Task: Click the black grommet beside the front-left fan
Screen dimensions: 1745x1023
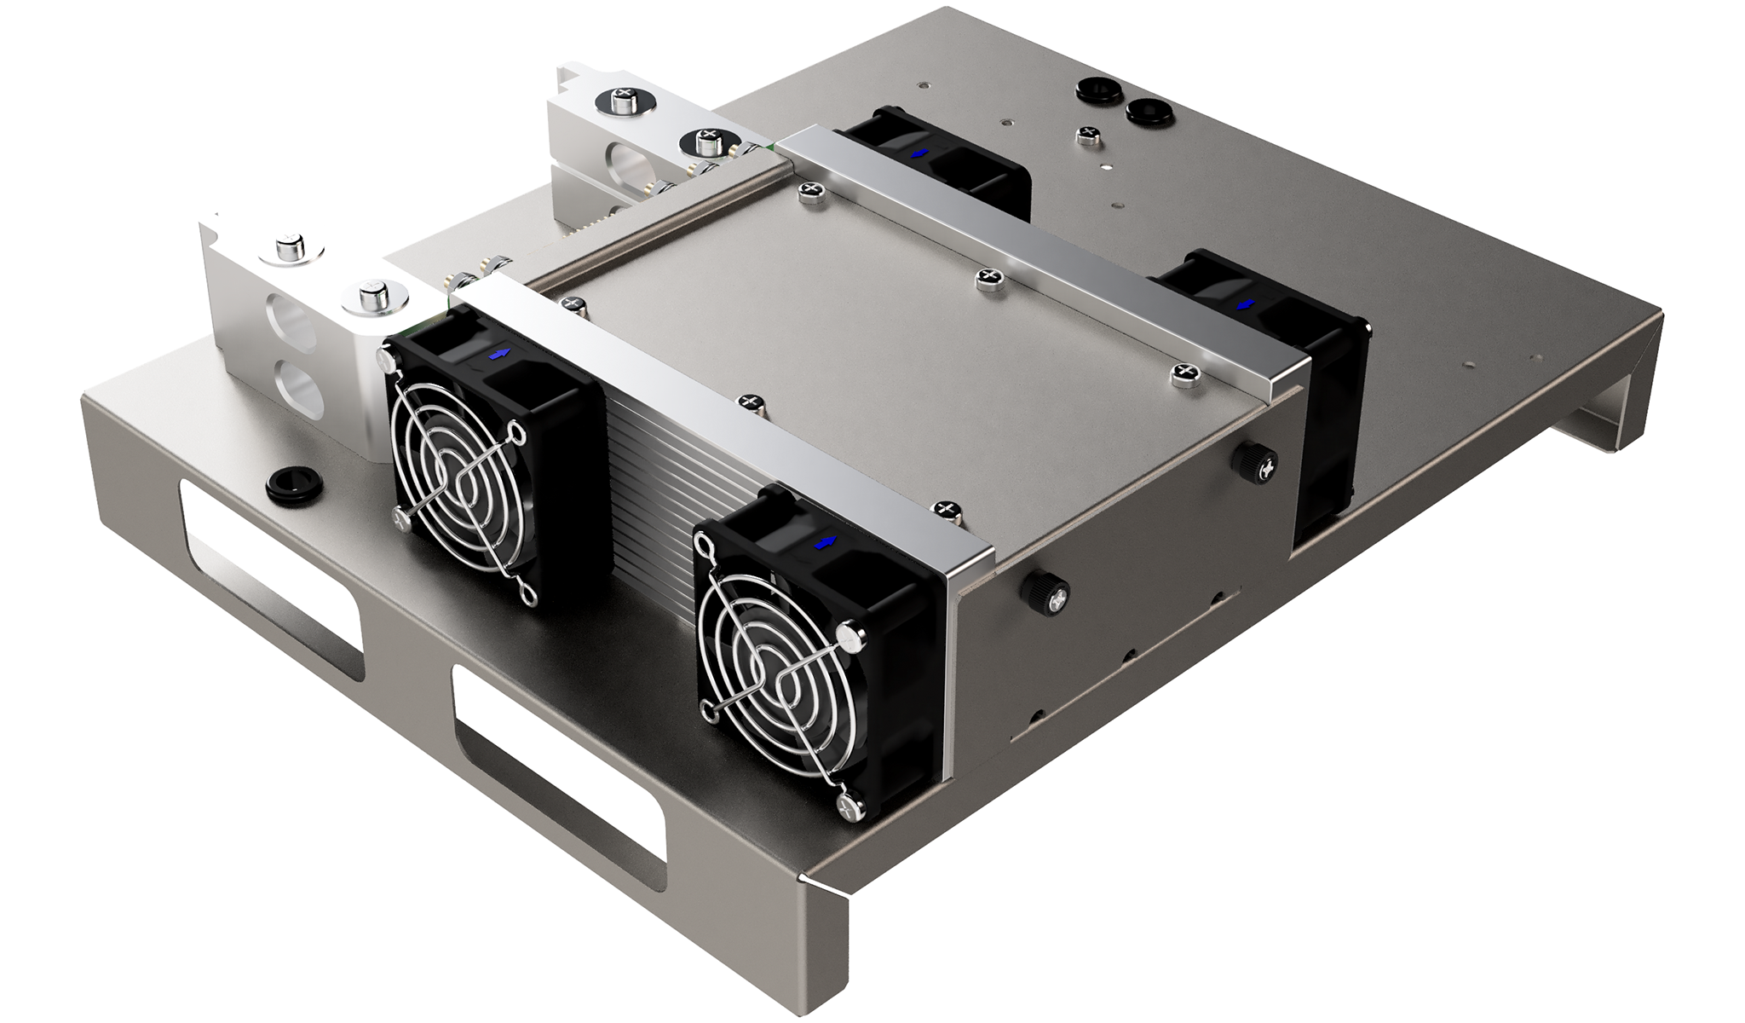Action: coord(285,484)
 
